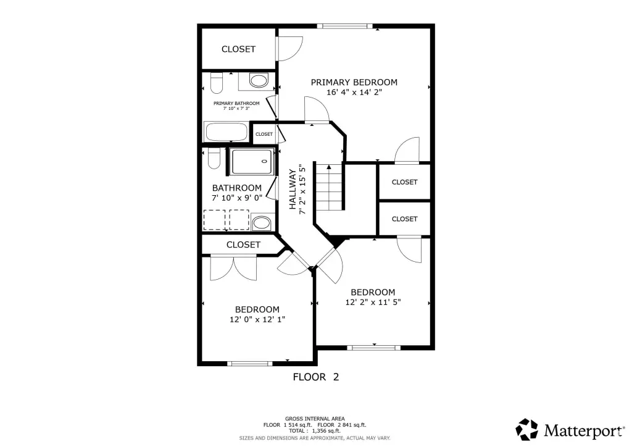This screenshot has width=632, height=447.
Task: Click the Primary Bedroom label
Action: click(354, 82)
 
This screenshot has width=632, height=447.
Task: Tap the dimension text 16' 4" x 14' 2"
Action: click(354, 93)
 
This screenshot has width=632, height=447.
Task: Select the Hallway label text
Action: click(293, 189)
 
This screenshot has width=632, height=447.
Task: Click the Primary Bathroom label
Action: click(236, 103)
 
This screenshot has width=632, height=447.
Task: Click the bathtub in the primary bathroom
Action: click(226, 132)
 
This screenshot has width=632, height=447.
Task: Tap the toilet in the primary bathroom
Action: click(217, 83)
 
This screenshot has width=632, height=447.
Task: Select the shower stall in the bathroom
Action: click(252, 162)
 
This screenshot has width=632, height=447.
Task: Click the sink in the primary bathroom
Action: click(259, 80)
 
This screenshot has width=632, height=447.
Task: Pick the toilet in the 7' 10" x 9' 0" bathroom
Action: click(214, 159)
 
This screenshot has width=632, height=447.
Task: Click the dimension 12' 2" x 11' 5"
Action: click(373, 303)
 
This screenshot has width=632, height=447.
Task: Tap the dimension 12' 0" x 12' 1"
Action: click(257, 320)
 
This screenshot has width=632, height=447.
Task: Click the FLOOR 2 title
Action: click(315, 377)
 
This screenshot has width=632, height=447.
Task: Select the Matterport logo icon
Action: click(527, 429)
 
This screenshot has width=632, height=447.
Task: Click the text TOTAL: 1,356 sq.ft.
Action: click(315, 431)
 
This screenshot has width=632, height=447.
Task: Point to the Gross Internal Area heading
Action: click(315, 419)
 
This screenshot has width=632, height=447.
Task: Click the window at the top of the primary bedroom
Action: click(344, 26)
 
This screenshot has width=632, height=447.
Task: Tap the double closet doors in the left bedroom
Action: click(233, 268)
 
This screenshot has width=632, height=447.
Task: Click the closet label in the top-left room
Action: click(238, 49)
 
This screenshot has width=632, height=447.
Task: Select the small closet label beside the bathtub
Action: click(264, 134)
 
